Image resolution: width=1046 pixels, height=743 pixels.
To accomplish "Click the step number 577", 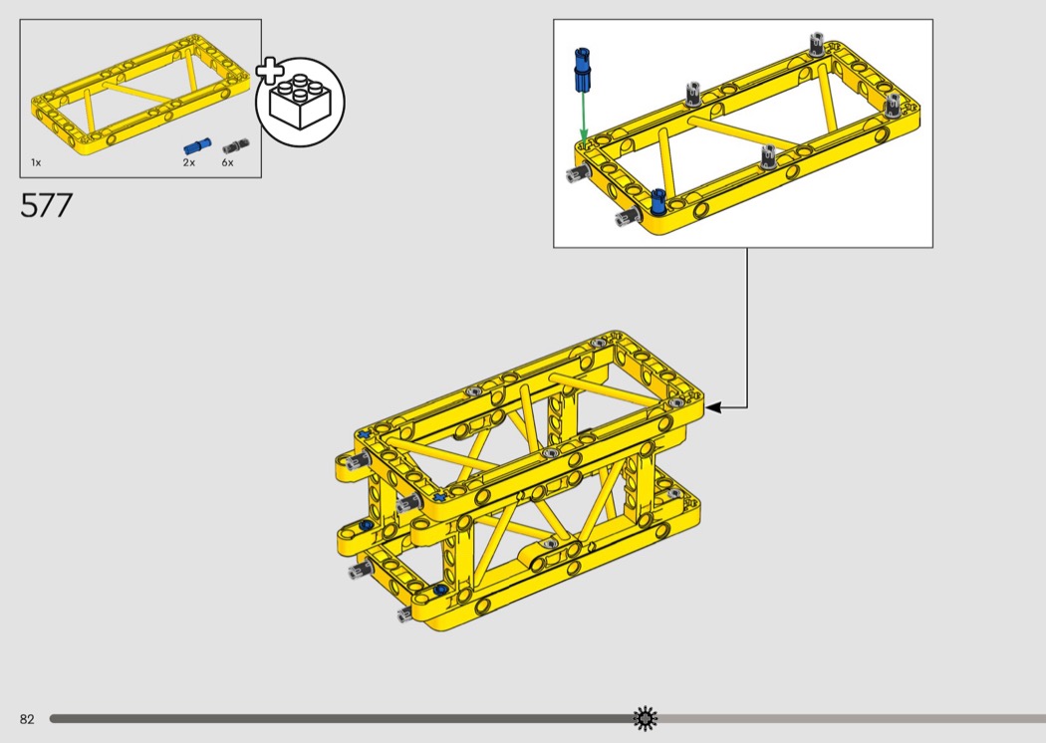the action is [46, 205].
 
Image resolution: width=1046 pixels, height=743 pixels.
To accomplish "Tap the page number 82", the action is [27, 719].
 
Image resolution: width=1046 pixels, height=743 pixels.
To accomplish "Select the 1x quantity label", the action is [36, 162].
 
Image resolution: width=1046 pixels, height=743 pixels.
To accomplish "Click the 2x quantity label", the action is [189, 162].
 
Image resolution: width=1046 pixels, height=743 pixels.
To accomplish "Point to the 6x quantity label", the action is [227, 162].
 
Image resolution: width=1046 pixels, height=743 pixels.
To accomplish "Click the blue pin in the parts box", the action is [197, 146].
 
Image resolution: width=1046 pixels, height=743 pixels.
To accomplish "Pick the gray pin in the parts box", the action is [236, 146].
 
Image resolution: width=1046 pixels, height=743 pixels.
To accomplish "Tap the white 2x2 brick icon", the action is [300, 102].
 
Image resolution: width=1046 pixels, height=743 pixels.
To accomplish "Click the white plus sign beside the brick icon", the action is [270, 72].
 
